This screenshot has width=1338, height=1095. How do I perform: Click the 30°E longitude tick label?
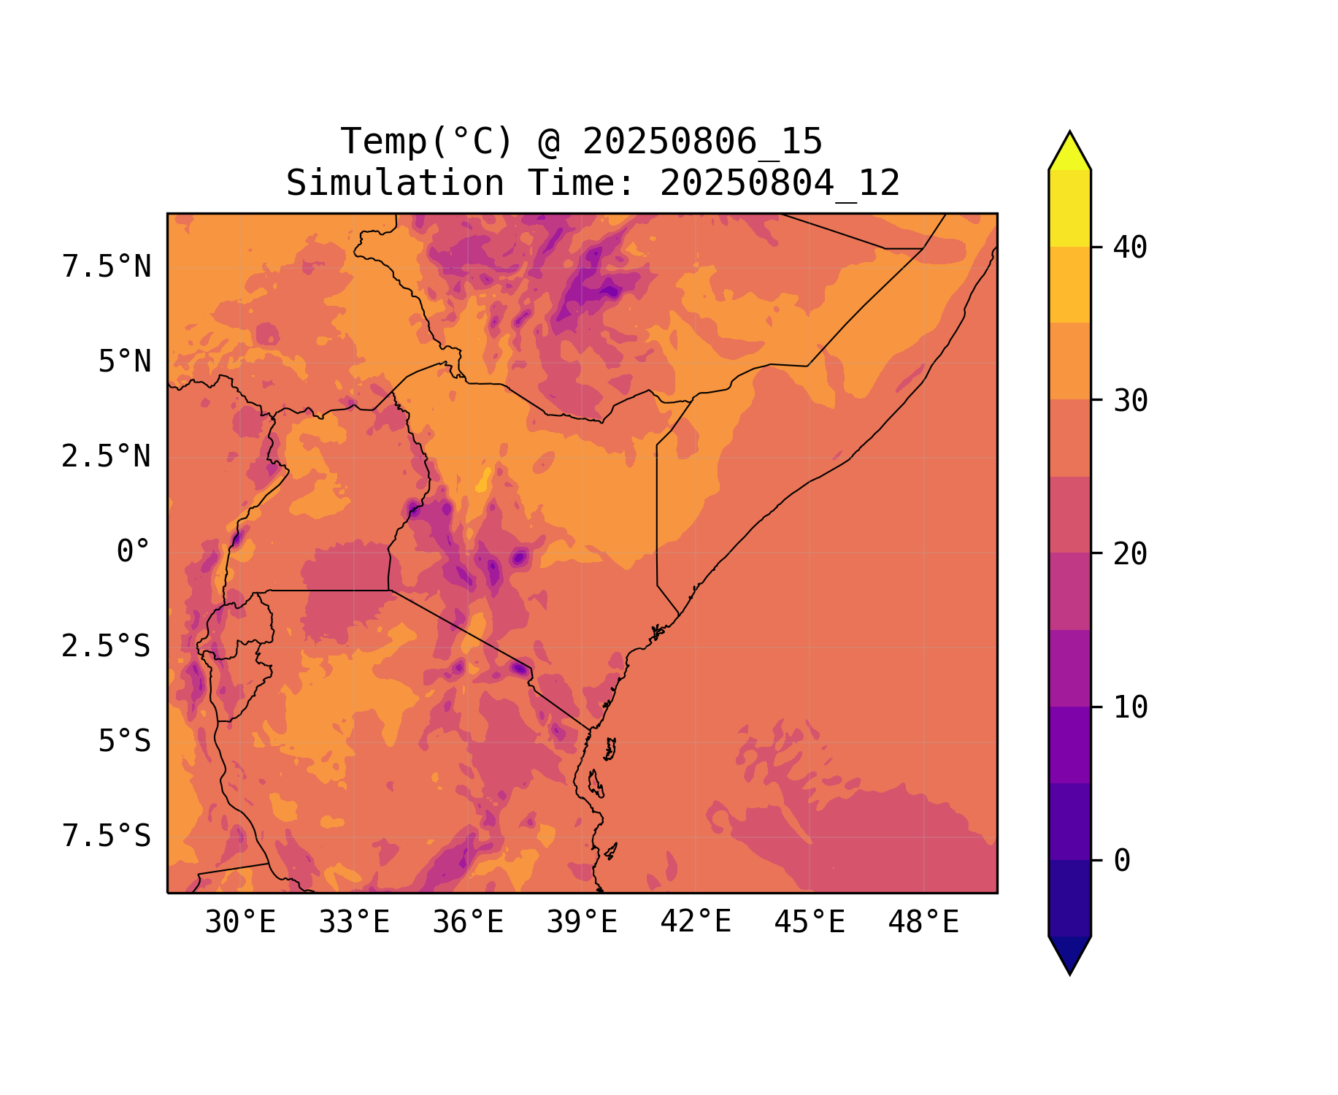(240, 923)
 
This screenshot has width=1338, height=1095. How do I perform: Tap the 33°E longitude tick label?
(354, 923)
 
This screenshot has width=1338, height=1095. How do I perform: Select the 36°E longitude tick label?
(468, 923)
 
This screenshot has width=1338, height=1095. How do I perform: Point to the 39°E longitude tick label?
(582, 923)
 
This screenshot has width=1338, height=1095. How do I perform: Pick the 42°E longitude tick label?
(696, 922)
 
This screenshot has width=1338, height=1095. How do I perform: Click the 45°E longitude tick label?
(810, 923)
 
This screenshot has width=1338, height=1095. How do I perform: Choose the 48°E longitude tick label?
(923, 923)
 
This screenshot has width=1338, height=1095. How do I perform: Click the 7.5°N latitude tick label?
(107, 267)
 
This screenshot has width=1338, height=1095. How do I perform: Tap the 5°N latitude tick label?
(125, 362)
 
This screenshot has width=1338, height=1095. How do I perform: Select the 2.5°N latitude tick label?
(107, 457)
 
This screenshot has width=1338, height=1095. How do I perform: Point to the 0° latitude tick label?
(134, 552)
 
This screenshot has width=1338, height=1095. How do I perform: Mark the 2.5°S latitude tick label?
(107, 647)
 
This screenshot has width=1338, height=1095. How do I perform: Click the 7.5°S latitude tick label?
(107, 837)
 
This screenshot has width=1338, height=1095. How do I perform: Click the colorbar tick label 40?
(1131, 248)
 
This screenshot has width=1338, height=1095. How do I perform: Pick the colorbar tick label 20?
(1131, 554)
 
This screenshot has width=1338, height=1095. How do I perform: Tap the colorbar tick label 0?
(1122, 861)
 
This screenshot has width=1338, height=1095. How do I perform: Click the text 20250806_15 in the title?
(702, 142)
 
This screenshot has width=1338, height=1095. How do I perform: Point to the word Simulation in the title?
(395, 183)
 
